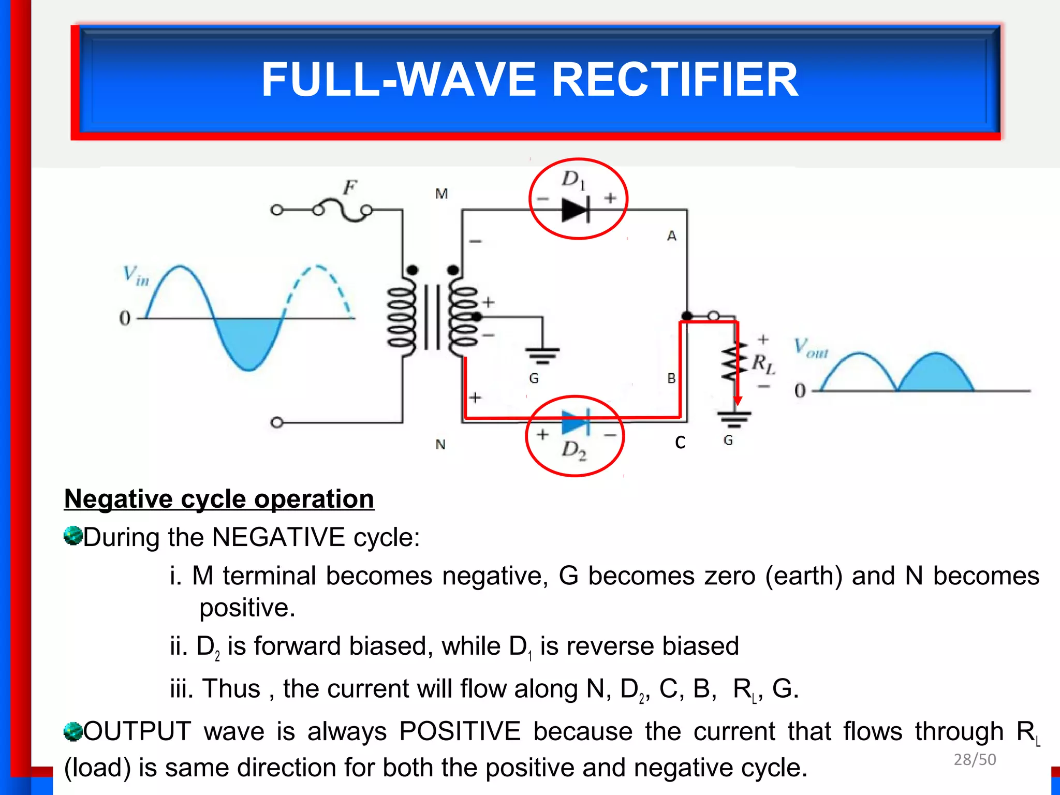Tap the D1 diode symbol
[x=575, y=210]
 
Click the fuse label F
[x=350, y=187]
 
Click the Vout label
[x=811, y=348]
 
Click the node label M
[x=441, y=194]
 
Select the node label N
[x=440, y=445]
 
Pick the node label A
[x=672, y=236]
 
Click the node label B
[x=671, y=379]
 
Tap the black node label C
[x=680, y=443]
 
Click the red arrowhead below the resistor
[x=738, y=401]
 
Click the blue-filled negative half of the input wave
[x=248, y=342]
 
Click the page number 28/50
[x=975, y=759]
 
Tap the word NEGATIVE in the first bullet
[x=278, y=537]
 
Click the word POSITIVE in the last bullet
[x=460, y=731]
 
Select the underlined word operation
[x=314, y=499]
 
